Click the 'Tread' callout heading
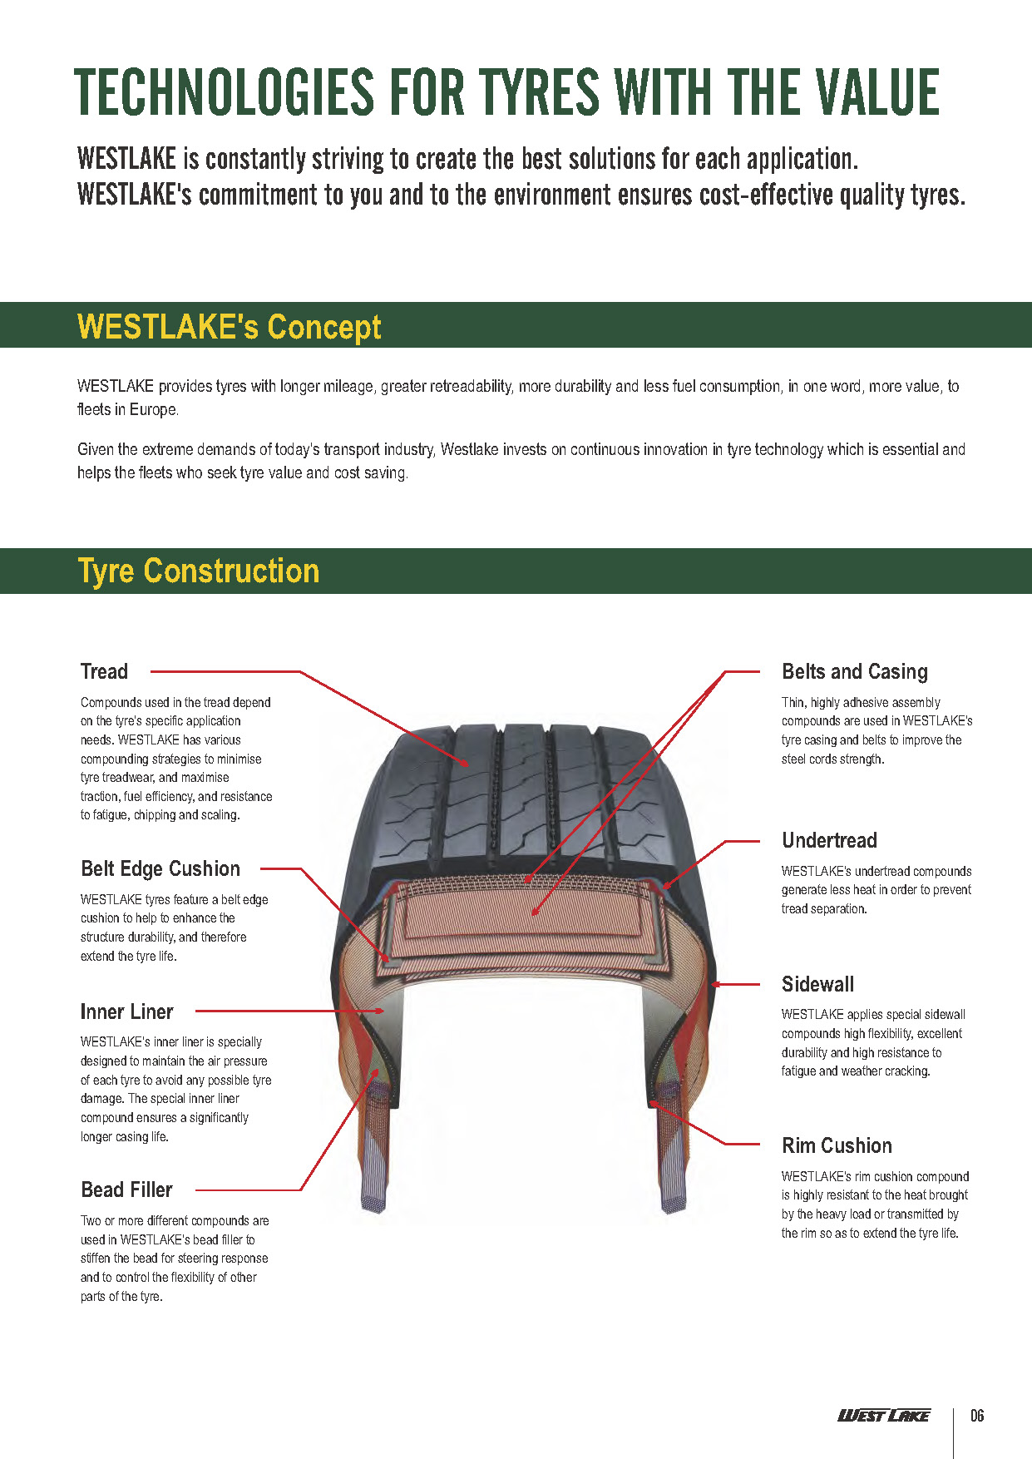104,671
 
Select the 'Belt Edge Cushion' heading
160,868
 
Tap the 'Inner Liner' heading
126,1011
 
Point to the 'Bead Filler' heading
126,1189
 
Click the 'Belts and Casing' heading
855,672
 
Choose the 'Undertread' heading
829,840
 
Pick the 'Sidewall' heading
817,984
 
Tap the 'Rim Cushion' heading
837,1145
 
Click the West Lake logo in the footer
883,1416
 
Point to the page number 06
977,1416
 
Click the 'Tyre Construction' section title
199,571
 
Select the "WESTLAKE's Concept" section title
229,326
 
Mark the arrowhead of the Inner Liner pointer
380,1011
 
